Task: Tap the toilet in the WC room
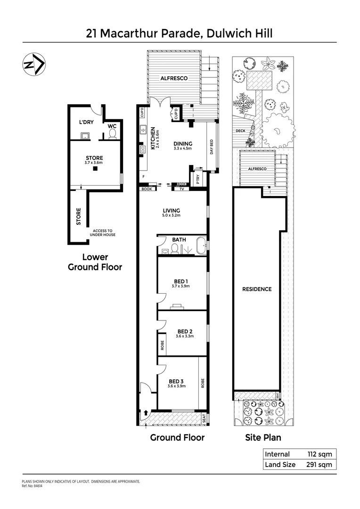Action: coord(112,134)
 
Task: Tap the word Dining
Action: coord(183,144)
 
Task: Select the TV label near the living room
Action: coord(181,189)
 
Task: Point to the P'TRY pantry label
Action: coord(198,179)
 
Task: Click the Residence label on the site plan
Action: coord(257,289)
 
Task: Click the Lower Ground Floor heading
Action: coord(95,262)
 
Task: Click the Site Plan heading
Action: coord(263,437)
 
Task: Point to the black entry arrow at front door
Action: coord(146,412)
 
